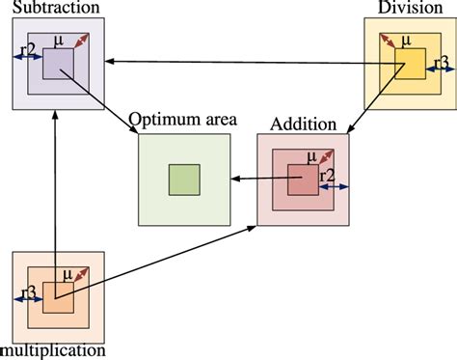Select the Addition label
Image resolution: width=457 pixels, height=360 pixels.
303,125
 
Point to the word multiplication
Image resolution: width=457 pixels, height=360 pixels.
52,349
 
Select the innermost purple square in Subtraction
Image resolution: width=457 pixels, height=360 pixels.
57,63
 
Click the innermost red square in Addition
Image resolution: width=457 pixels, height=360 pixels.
303,179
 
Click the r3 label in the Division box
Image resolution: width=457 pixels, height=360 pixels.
441,64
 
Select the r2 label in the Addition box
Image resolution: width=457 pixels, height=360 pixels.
328,176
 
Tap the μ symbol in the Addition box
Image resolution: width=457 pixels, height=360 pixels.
310,155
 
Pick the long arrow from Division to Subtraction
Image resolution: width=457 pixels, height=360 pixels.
241,63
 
